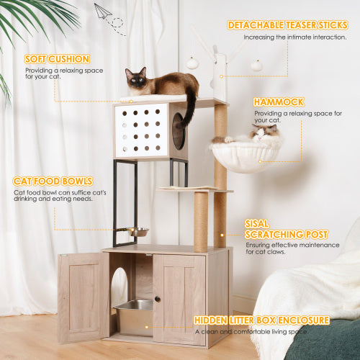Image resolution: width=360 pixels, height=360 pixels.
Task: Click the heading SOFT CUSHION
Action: (x=57, y=59)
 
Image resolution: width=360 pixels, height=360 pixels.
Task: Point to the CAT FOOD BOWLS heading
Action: (x=51, y=182)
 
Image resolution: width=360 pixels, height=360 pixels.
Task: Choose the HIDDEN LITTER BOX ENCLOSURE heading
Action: (x=261, y=320)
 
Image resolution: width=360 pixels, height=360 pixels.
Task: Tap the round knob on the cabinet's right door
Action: (x=158, y=299)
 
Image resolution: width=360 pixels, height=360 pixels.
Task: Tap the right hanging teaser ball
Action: (x=256, y=65)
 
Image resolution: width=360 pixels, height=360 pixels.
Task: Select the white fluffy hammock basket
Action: (x=245, y=156)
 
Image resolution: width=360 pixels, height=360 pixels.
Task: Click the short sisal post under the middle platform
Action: (x=201, y=220)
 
